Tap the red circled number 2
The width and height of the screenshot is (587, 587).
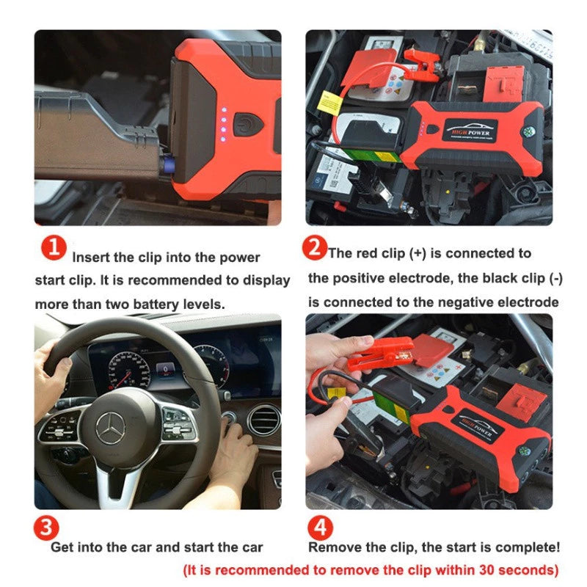[315, 249]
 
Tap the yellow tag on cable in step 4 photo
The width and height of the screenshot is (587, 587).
[337, 394]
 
